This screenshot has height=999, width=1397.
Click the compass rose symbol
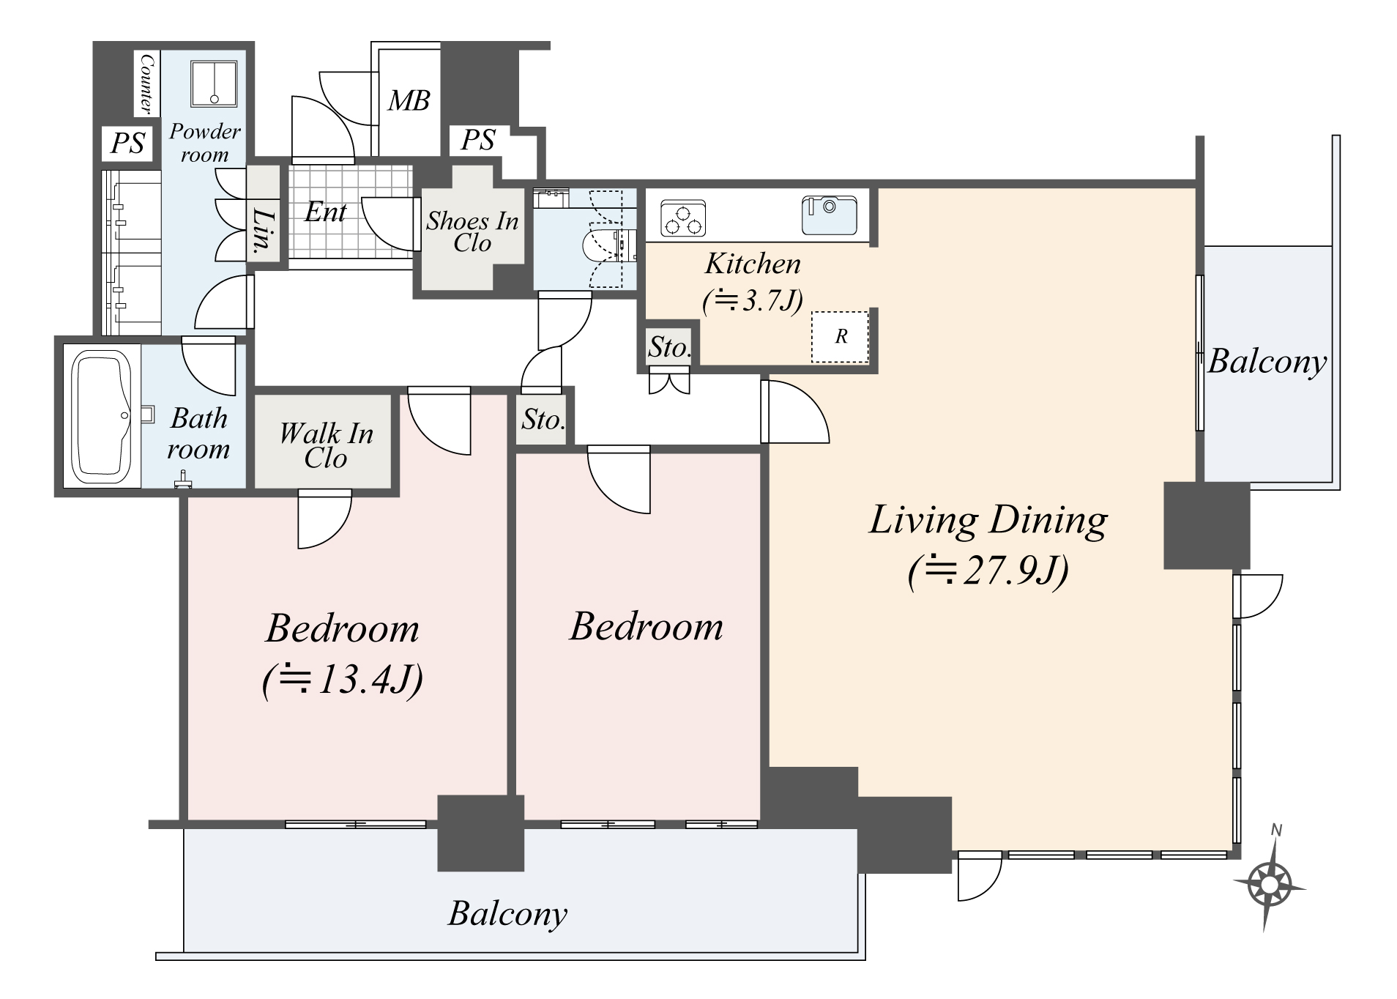coord(1268,885)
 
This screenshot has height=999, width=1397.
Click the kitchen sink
coord(829,215)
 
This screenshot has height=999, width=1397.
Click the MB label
coord(409,100)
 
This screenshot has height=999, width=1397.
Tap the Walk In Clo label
coord(326,445)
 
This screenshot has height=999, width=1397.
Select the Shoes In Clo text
coord(472,231)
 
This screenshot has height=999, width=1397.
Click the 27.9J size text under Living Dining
coord(988,571)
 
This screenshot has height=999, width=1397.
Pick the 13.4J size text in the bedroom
coord(343,680)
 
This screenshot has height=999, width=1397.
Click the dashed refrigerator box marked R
coord(840,336)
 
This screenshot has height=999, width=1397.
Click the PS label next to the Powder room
coord(127,143)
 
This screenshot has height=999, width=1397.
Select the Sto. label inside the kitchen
coord(669,347)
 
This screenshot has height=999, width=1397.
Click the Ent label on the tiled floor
coord(325,212)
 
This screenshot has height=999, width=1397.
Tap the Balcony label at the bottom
coord(507,913)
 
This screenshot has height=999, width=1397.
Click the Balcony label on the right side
coord(1267,361)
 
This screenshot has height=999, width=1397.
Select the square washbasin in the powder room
coord(215,83)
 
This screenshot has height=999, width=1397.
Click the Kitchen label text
coord(753,264)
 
